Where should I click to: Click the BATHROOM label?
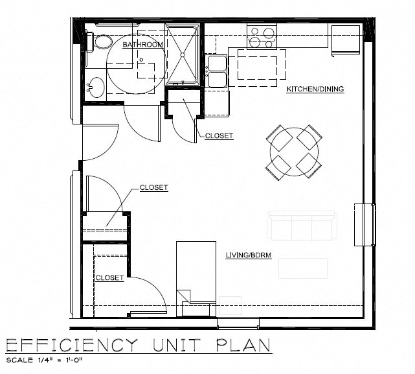point(142,45)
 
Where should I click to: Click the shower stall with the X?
point(182,54)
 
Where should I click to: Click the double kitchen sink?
point(216,71)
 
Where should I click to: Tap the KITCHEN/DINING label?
point(315,89)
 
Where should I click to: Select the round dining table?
point(295,152)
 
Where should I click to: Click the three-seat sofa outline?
point(302,226)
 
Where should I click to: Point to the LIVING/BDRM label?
point(248,255)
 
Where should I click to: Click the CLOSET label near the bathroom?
point(219,136)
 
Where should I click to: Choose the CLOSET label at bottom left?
point(109,277)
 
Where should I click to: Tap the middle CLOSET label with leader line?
point(153,188)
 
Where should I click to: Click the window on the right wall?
point(365,224)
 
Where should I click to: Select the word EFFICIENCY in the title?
point(72,345)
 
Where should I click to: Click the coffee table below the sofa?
point(302,268)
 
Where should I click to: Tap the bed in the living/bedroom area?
point(196,272)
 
